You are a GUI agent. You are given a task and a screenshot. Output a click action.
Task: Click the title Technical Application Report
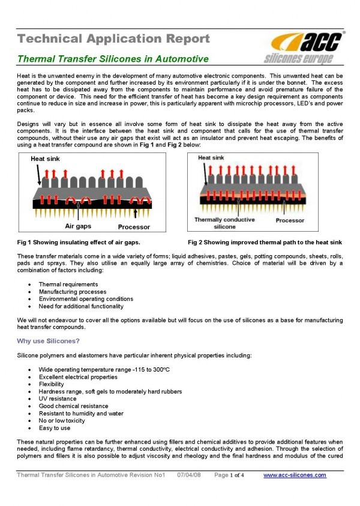(113, 39)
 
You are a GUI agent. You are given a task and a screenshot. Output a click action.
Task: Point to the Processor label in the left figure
(134, 227)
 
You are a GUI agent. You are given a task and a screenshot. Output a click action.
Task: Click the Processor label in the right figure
(290, 220)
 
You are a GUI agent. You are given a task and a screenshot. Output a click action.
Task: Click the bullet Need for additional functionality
(81, 306)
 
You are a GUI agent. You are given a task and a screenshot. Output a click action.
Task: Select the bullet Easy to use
(55, 428)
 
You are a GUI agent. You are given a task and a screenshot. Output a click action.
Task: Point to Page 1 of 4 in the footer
(230, 475)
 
